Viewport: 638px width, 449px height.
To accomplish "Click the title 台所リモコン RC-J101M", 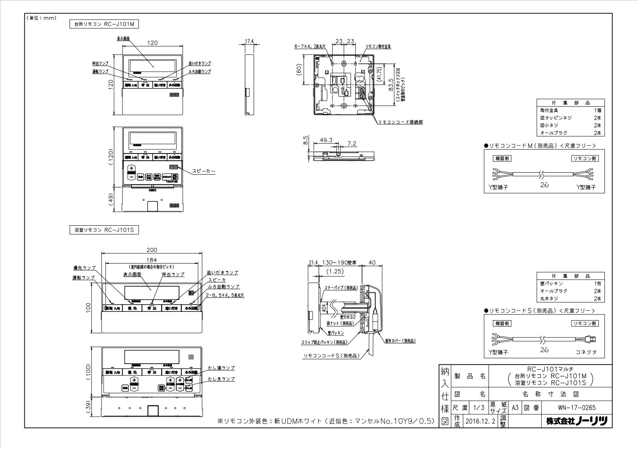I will point(104,24).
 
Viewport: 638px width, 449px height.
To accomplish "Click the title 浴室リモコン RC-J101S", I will point(104,230).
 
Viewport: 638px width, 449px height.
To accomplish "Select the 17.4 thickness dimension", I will point(250,41).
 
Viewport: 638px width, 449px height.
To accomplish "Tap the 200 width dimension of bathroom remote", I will point(152,250).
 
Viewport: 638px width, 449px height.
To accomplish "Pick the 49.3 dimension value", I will point(326,140).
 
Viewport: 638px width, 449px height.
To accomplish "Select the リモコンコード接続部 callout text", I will point(400,122).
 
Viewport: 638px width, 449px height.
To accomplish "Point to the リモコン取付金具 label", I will point(378,47).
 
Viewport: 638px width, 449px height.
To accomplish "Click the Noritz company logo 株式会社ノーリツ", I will point(577,421).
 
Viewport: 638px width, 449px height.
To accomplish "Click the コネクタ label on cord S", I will point(586,353).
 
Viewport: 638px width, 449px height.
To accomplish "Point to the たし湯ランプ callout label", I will point(221,368).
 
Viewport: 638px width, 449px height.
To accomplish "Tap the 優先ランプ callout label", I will point(84,268).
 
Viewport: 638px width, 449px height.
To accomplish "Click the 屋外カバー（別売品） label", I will point(400,341).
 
